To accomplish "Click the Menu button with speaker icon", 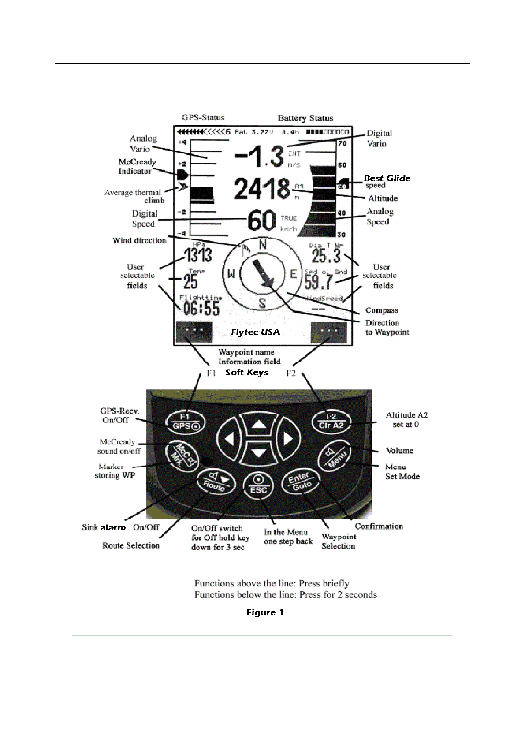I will [x=335, y=457].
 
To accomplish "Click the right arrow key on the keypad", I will [x=287, y=439].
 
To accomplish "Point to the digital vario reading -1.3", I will [x=259, y=156].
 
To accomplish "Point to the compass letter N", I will [x=263, y=245].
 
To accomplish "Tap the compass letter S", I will [x=262, y=303].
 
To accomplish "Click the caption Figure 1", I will [x=264, y=612].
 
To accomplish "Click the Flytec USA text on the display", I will [x=256, y=332].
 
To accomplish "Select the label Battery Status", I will [x=305, y=118].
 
